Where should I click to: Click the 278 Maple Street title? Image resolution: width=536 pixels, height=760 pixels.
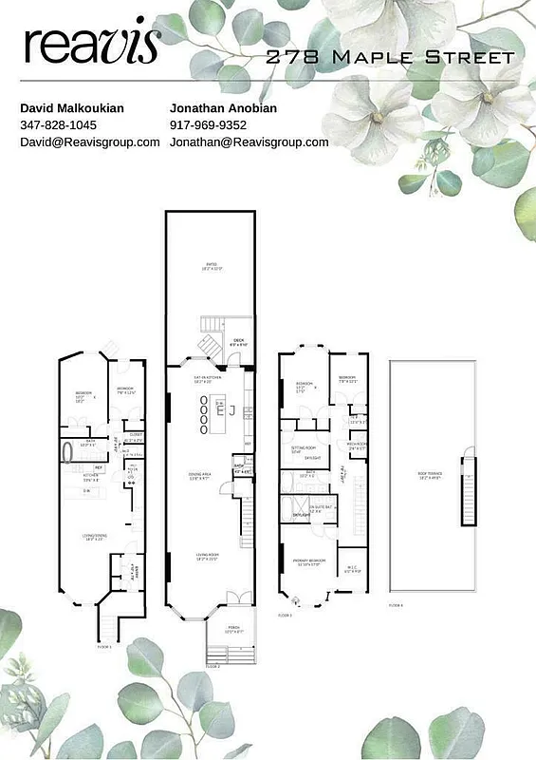point(390,57)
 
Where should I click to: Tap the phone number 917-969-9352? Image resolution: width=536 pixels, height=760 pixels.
point(208,125)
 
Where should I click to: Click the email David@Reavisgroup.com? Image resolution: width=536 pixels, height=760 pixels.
point(90,142)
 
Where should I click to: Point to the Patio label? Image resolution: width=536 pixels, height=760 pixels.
point(210,267)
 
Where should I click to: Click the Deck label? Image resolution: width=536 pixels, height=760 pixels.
point(238,342)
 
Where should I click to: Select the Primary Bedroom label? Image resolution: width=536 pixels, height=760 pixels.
point(309,560)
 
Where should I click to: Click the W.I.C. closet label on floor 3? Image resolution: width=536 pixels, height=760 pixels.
point(351,569)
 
